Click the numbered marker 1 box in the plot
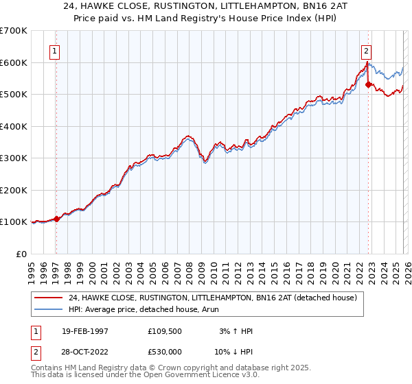click(54, 50)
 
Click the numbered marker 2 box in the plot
click(366, 50)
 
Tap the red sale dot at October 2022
click(369, 85)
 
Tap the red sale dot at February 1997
click(56, 219)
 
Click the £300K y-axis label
click(14, 158)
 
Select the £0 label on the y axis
click(22, 254)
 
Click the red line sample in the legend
click(49, 298)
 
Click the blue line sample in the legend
click(49, 310)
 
